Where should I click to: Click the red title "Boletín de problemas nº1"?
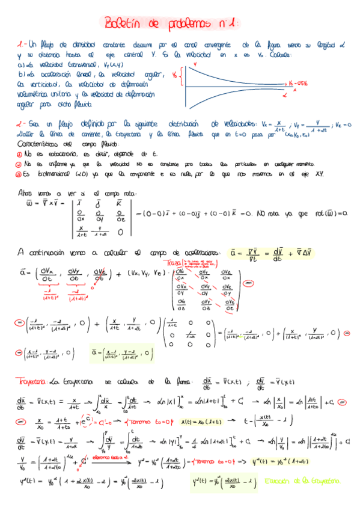172,23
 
